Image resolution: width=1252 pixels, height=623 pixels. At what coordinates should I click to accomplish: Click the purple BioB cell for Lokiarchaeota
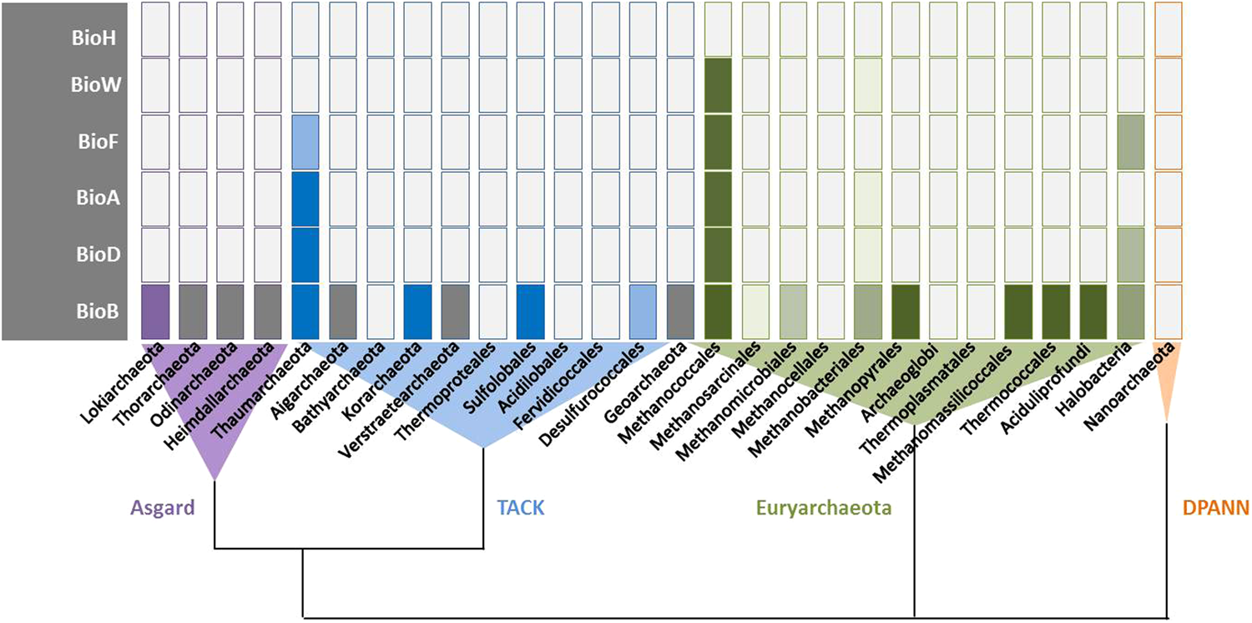coord(155,311)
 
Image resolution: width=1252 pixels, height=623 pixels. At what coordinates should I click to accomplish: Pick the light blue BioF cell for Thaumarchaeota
coord(305,142)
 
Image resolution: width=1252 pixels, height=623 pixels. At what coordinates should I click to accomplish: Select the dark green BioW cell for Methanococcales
coord(719,85)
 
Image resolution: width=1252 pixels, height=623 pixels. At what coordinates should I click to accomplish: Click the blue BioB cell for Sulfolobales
coord(531,311)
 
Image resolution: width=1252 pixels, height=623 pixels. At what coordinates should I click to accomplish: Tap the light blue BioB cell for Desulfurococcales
coord(644,311)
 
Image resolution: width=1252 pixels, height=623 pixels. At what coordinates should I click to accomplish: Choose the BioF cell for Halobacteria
coord(1131,142)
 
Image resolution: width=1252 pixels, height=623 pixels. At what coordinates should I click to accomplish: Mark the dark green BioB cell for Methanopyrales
coord(906,311)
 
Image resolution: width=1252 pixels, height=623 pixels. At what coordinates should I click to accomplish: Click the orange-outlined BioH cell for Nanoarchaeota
coord(1168,29)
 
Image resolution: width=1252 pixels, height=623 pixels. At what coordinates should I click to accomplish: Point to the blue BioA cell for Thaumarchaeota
coord(305,199)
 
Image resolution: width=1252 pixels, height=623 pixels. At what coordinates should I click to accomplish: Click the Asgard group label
coord(163,507)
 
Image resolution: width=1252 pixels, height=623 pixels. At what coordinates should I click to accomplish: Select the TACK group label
coord(520,507)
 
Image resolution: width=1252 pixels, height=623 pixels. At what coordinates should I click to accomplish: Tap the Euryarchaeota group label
coord(824,507)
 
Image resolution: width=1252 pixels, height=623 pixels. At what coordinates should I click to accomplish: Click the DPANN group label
coord(1215,507)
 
